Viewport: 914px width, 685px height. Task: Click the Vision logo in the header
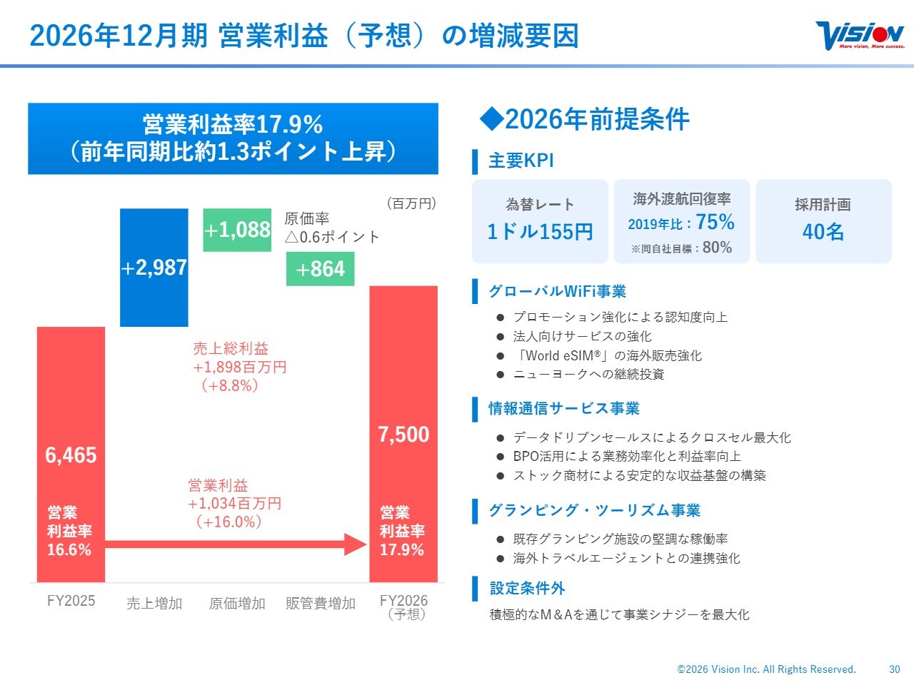point(860,35)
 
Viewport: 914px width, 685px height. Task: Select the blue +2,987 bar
point(154,268)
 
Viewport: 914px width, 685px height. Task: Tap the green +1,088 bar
point(237,230)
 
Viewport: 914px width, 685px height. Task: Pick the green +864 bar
point(320,269)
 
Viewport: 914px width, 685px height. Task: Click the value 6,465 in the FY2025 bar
point(71,455)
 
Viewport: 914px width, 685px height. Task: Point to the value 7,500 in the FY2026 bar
point(403,435)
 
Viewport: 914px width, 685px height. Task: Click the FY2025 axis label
point(71,601)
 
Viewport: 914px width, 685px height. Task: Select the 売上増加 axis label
point(154,604)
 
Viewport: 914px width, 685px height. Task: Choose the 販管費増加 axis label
point(320,604)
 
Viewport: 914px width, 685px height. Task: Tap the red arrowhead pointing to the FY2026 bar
point(356,544)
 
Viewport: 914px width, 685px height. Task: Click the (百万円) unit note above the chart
point(411,203)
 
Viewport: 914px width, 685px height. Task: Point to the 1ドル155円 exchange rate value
point(540,232)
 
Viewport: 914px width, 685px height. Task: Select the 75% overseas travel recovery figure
point(715,222)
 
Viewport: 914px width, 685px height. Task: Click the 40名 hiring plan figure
point(823,232)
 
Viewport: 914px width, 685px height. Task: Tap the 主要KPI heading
point(521,161)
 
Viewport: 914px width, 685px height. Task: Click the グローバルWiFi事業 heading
point(557,291)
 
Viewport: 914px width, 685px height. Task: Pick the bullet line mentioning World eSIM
point(607,355)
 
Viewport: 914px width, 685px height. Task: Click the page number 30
point(895,669)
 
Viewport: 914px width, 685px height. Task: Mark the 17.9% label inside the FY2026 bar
point(402,550)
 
